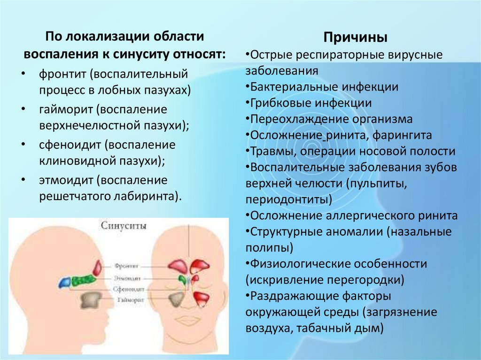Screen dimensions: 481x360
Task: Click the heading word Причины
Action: point(356,37)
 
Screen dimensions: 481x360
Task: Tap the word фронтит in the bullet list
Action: point(64,74)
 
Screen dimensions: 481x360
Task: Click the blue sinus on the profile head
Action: point(65,282)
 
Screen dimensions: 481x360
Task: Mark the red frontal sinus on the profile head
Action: point(98,268)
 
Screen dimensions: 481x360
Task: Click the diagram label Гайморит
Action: point(127,299)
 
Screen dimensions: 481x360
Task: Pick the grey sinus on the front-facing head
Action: point(177,299)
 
